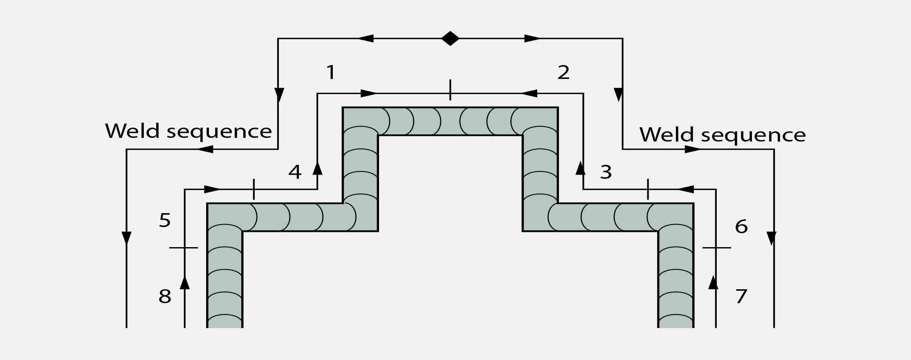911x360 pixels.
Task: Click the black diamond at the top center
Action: click(x=450, y=38)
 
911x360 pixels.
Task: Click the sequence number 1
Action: click(x=331, y=72)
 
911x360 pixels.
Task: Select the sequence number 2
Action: click(x=563, y=72)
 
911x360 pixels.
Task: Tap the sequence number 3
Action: click(x=606, y=172)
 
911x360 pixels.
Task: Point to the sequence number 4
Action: click(x=295, y=172)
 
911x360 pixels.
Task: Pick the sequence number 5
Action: click(x=165, y=220)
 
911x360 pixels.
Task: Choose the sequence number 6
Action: click(x=741, y=227)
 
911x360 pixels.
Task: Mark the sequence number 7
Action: click(x=741, y=297)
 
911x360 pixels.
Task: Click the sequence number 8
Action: click(x=165, y=297)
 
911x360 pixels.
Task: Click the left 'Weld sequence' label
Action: click(x=188, y=131)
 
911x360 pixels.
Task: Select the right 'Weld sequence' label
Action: click(x=723, y=135)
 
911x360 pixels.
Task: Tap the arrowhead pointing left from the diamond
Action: click(x=366, y=38)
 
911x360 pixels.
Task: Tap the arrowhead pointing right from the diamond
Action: click(x=532, y=38)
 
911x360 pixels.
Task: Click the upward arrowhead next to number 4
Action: click(x=317, y=168)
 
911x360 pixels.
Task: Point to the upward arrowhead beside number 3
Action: click(x=580, y=168)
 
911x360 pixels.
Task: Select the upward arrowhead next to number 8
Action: click(x=185, y=283)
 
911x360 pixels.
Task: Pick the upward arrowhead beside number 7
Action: click(x=714, y=282)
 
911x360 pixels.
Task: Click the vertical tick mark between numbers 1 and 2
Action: click(x=450, y=90)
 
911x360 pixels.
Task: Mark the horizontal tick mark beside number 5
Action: click(x=184, y=248)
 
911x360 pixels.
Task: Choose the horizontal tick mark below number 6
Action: click(x=716, y=248)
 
